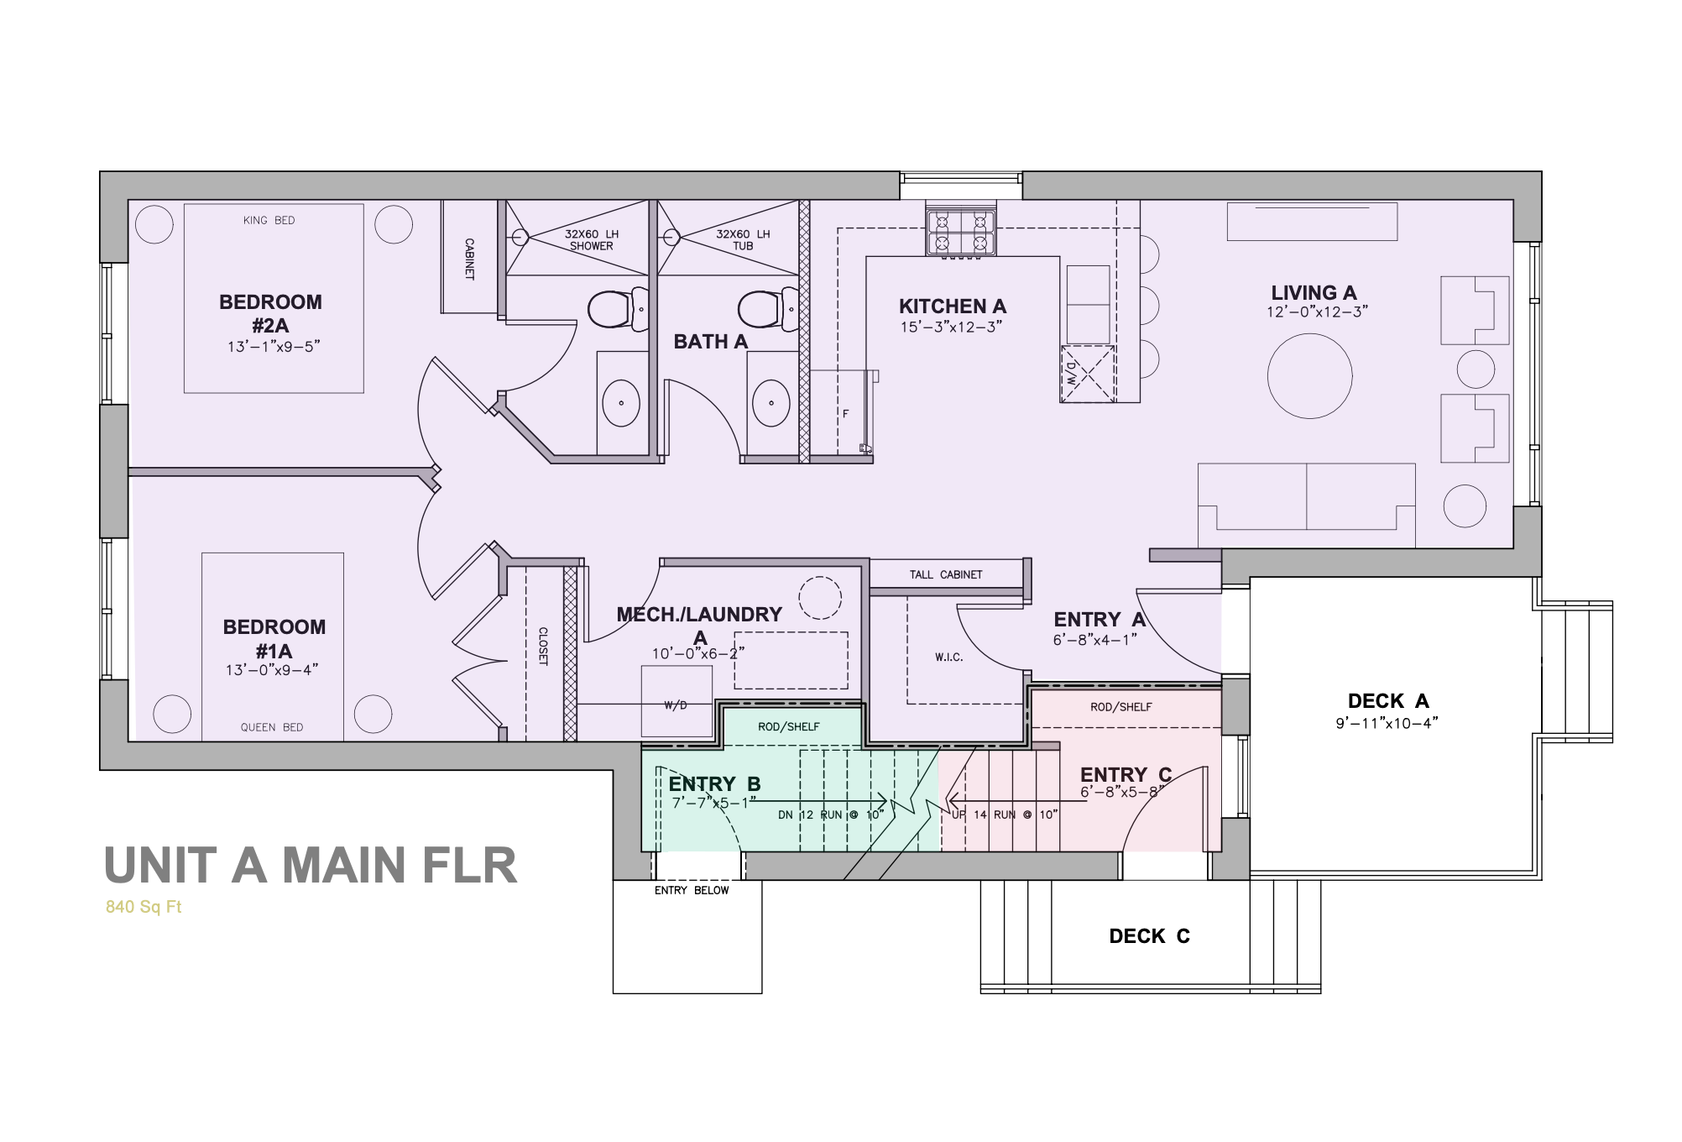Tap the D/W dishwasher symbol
coord(1087,374)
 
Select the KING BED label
coord(269,221)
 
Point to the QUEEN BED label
coord(272,727)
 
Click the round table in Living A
coord(1309,376)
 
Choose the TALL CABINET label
coord(945,575)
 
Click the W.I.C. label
coord(948,657)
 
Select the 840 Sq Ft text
coord(144,907)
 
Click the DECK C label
coord(1149,936)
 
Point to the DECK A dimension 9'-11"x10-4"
coord(1387,723)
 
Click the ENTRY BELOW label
coord(692,890)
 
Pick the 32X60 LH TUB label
coord(743,240)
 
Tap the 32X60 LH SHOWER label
coord(591,240)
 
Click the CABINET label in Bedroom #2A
coord(469,259)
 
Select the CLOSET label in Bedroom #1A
coord(543,647)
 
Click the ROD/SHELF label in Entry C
coord(1120,707)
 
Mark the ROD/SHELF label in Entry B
coord(788,727)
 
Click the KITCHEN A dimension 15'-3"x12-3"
coord(951,327)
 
